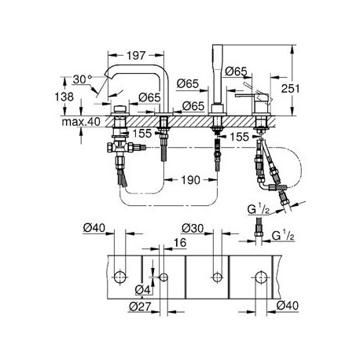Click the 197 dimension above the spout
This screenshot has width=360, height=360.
pyautogui.click(x=136, y=55)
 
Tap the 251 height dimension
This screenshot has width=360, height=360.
pyautogui.click(x=290, y=89)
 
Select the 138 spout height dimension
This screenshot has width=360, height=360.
pyautogui.click(x=64, y=97)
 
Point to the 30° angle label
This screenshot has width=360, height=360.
pyautogui.click(x=82, y=79)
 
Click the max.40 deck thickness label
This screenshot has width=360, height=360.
pyautogui.click(x=81, y=122)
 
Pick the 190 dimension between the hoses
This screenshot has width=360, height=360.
pyautogui.click(x=191, y=180)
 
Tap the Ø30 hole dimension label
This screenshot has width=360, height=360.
pyautogui.click(x=193, y=228)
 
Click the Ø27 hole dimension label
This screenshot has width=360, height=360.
pyautogui.click(x=140, y=306)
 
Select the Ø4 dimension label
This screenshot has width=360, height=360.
pyautogui.click(x=143, y=289)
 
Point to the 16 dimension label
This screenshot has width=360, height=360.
pyautogui.click(x=180, y=243)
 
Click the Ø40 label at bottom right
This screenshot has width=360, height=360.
pyautogui.click(x=288, y=306)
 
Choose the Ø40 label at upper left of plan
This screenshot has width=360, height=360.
pyautogui.click(x=94, y=228)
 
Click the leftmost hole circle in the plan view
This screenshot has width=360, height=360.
pyautogui.click(x=120, y=277)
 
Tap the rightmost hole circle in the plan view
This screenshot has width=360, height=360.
pyautogui.click(x=261, y=277)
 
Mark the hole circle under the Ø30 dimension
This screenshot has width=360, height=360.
pyautogui.click(x=217, y=277)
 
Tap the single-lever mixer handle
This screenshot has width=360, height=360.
pyautogui.click(x=244, y=96)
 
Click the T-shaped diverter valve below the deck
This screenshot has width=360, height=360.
pyautogui.click(x=119, y=147)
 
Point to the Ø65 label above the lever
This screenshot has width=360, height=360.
pyautogui.click(x=236, y=72)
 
